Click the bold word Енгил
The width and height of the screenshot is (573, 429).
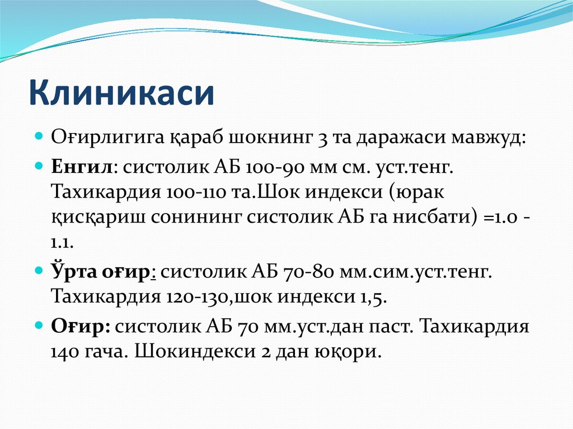[83, 167]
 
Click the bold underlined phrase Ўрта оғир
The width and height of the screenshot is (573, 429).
[104, 271]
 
